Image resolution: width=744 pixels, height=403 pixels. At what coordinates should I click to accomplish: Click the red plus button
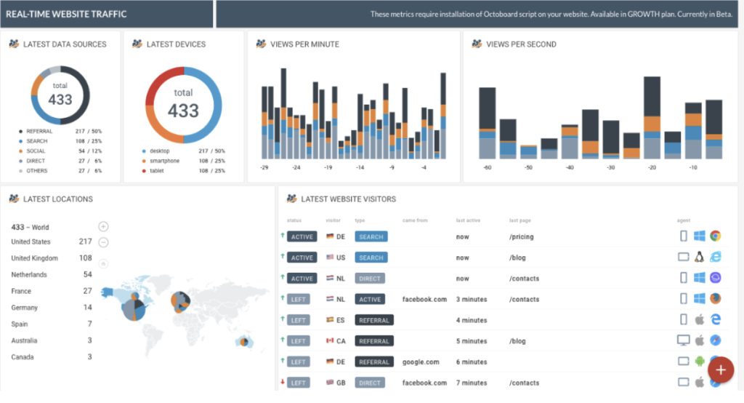[720, 370]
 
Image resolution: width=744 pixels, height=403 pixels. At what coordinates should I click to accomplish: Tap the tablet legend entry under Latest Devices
[157, 171]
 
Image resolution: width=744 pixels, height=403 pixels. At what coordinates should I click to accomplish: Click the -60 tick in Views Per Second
[487, 167]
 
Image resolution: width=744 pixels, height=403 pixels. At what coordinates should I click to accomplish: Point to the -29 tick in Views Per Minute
[264, 167]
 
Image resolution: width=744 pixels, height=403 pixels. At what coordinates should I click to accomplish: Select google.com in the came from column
[421, 362]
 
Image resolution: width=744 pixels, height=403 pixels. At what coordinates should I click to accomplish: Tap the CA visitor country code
[341, 340]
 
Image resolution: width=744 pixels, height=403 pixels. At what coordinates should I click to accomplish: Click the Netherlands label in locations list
[29, 275]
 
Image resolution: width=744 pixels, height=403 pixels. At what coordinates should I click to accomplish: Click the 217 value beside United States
[85, 242]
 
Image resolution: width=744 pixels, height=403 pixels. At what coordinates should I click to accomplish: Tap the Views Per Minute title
[304, 44]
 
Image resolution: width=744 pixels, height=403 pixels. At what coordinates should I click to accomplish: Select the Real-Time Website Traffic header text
[65, 14]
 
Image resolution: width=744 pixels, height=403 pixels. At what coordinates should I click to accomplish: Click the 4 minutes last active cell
[472, 320]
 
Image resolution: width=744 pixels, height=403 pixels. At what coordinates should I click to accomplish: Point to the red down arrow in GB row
[282, 382]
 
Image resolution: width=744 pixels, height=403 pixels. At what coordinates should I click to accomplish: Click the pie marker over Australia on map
[246, 341]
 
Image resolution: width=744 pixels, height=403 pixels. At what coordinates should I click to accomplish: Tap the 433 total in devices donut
[183, 110]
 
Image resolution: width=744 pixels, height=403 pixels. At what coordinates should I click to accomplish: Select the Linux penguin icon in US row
[700, 257]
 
